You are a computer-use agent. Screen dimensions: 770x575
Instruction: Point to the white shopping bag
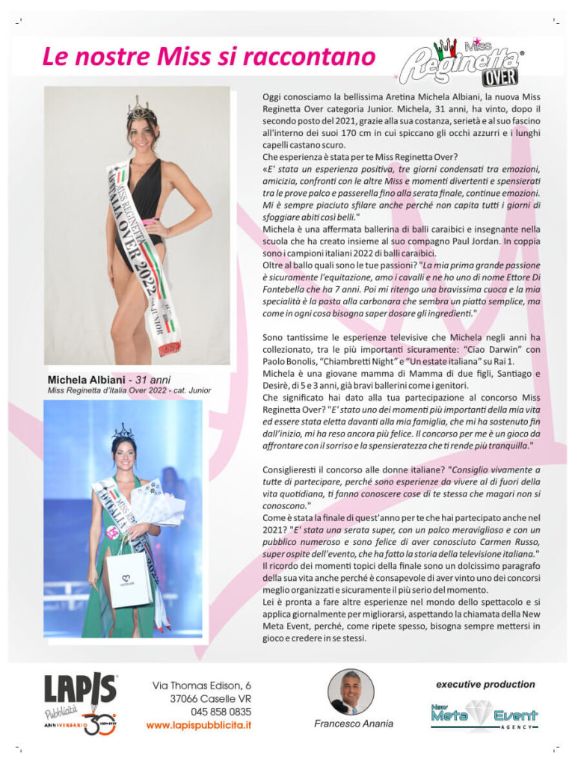[x=129, y=578]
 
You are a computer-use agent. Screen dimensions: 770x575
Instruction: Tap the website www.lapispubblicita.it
[x=198, y=724]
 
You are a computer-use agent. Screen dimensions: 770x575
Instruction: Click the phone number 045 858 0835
[x=221, y=711]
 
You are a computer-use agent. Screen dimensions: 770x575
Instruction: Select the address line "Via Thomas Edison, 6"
[x=202, y=685]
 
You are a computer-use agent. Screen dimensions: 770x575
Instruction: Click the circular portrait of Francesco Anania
[x=351, y=692]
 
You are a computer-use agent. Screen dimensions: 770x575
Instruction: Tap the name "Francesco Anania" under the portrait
[x=354, y=724]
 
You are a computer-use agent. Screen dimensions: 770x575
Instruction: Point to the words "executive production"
[x=485, y=683]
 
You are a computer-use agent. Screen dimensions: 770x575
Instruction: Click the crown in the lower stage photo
[x=123, y=431]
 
